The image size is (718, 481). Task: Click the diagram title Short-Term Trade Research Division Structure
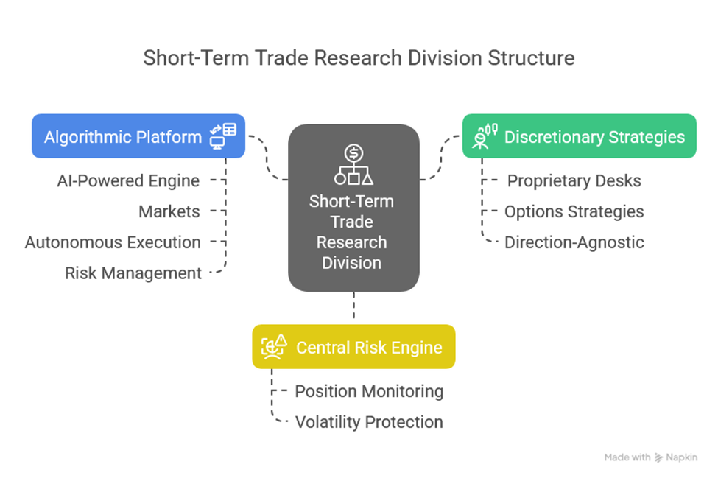click(x=359, y=58)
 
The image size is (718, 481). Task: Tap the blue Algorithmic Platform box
click(x=138, y=136)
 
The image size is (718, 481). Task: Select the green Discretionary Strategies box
click(x=579, y=136)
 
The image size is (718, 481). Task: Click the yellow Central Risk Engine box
click(x=353, y=346)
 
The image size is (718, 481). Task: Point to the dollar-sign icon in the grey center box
click(x=354, y=153)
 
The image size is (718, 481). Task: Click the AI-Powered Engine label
click(x=129, y=180)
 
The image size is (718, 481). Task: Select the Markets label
click(x=169, y=211)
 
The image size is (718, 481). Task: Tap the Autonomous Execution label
click(x=113, y=242)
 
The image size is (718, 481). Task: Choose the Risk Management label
click(x=133, y=273)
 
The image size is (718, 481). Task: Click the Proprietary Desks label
click(x=574, y=180)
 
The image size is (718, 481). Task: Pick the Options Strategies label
click(x=574, y=211)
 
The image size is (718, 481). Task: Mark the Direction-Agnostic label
click(x=574, y=242)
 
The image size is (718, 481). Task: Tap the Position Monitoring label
click(x=369, y=391)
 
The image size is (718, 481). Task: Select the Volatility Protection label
click(x=369, y=422)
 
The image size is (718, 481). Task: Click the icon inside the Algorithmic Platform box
click(x=223, y=136)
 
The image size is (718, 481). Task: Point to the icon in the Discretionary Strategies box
click(x=483, y=136)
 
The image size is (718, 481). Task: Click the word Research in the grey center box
click(x=351, y=242)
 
